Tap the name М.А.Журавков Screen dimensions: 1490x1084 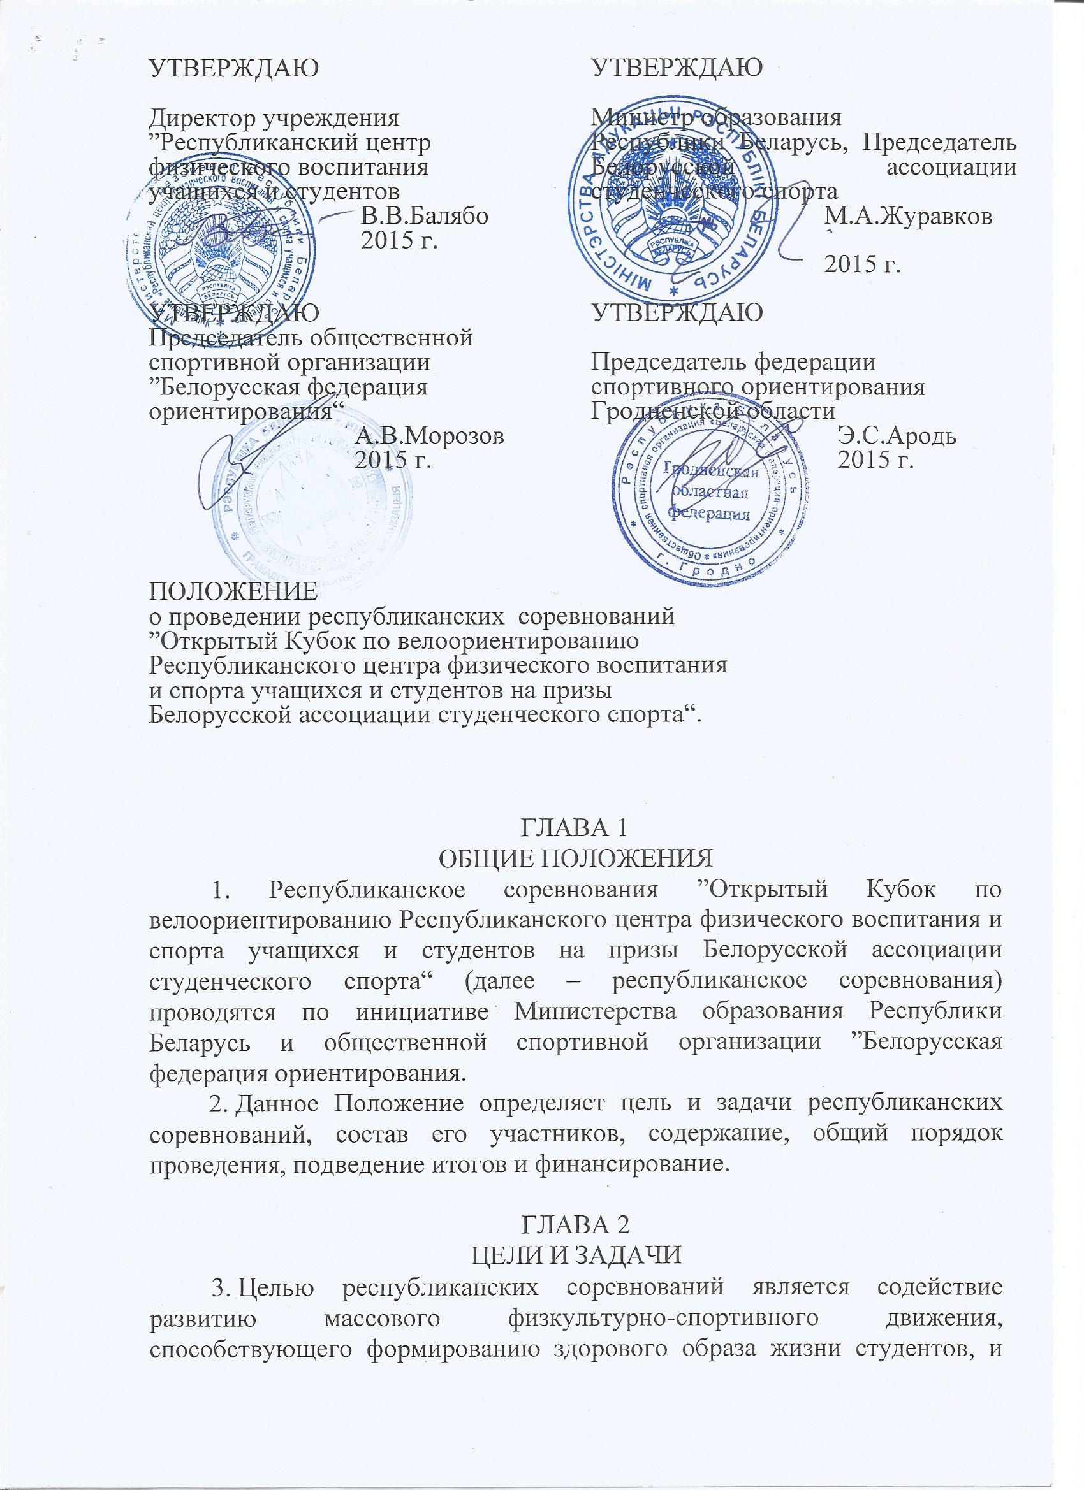(909, 217)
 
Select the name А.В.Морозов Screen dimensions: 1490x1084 (430, 435)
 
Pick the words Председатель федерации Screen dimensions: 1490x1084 (733, 362)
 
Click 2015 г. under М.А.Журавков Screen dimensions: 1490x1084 (862, 263)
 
